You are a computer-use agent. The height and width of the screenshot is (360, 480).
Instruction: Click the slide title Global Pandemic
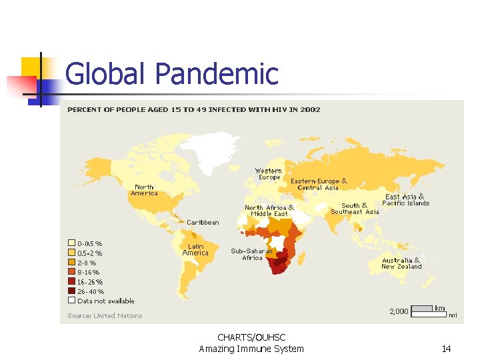coord(171,73)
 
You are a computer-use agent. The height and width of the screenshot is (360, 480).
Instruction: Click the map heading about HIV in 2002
coord(193,109)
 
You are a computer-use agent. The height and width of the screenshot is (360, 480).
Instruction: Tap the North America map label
coord(144,190)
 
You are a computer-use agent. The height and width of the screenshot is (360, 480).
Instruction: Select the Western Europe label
coord(269,174)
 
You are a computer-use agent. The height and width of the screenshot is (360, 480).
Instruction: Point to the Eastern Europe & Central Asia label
coord(319,184)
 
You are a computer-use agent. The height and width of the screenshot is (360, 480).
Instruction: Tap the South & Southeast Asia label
coord(355,209)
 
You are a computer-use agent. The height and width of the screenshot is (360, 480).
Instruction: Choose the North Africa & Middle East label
coord(269,211)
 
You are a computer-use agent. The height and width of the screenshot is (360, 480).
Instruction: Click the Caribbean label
coord(202,222)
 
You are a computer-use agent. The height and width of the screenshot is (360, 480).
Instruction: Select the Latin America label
coord(195,249)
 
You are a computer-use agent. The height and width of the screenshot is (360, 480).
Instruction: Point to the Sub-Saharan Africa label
coord(251,254)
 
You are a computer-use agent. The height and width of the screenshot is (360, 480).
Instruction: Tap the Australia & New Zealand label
coord(401,263)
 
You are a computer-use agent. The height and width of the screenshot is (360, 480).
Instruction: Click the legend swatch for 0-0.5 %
coord(71,243)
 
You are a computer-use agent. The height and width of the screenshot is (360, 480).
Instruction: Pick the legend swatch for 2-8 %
coord(71,263)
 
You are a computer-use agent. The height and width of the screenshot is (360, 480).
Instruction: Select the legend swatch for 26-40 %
coord(71,291)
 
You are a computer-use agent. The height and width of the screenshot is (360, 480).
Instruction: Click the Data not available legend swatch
coord(71,301)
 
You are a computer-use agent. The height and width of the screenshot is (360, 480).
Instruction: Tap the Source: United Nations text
coord(105,315)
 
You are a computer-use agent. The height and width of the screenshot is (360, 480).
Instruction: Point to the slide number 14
coord(446,349)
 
